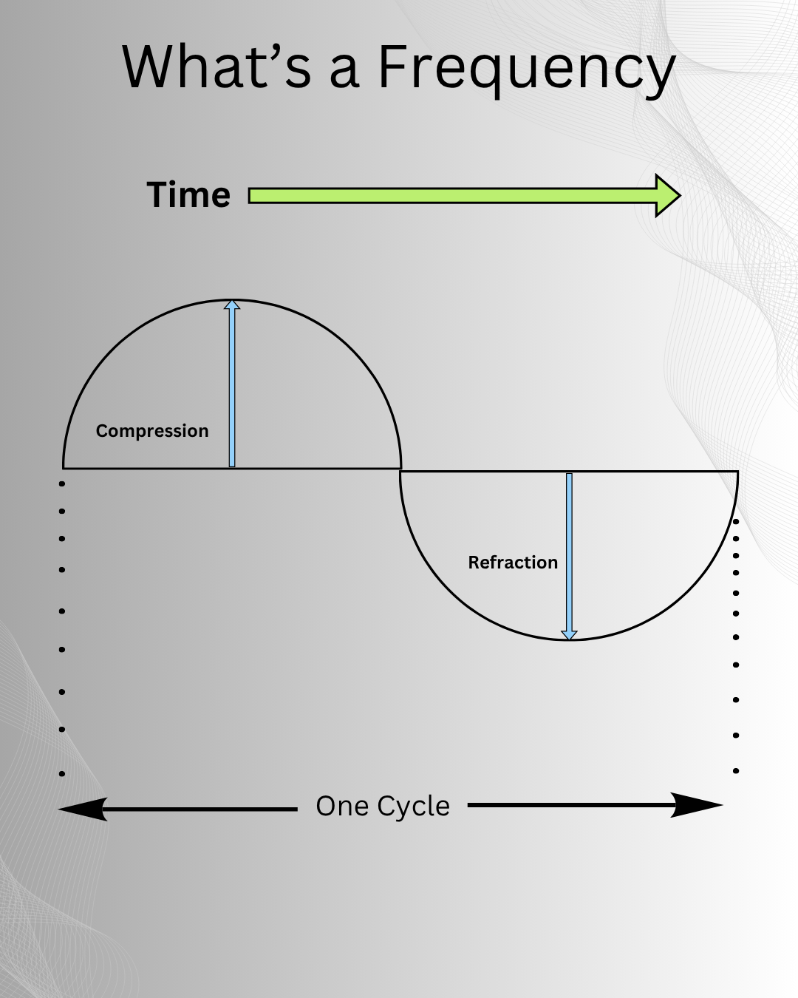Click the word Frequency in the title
point(527,69)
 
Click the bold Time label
point(188,195)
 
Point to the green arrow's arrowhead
point(668,196)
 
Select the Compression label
point(152,431)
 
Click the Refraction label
point(513,563)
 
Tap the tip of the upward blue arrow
point(232,302)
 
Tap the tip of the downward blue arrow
point(569,637)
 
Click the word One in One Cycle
point(342,806)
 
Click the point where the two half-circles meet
point(400,469)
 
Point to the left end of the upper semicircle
point(64,467)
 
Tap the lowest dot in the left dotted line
point(62,774)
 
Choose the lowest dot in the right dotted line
point(736,771)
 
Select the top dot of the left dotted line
point(62,484)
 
